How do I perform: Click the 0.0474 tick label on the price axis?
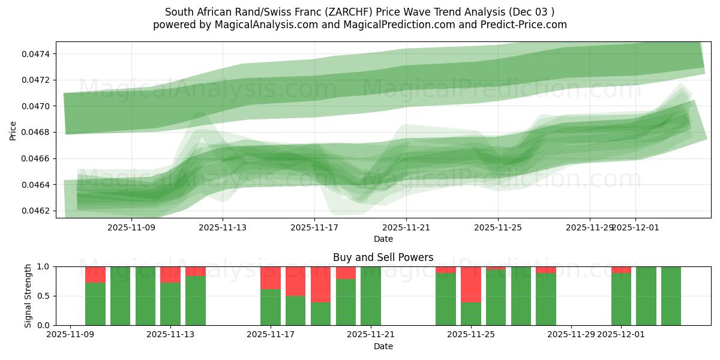click(x=37, y=54)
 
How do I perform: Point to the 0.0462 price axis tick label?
click(x=37, y=211)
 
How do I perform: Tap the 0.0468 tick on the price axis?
click(x=37, y=133)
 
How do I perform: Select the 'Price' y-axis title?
click(x=13, y=130)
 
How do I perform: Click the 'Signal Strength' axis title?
click(x=28, y=295)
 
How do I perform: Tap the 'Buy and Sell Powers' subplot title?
click(x=383, y=257)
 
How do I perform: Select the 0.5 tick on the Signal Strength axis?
click(x=44, y=296)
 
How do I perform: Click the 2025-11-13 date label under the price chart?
click(x=223, y=227)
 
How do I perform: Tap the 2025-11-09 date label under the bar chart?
click(x=71, y=335)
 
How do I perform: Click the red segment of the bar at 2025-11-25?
click(x=471, y=284)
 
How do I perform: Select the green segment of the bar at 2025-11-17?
click(x=271, y=307)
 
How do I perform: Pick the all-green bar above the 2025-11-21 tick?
click(x=371, y=296)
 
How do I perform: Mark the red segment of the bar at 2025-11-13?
click(x=170, y=274)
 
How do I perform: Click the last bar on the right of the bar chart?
click(x=671, y=296)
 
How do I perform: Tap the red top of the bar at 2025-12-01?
click(x=621, y=269)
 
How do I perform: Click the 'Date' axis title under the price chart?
click(x=383, y=239)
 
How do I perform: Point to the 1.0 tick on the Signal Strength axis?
click(x=44, y=266)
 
